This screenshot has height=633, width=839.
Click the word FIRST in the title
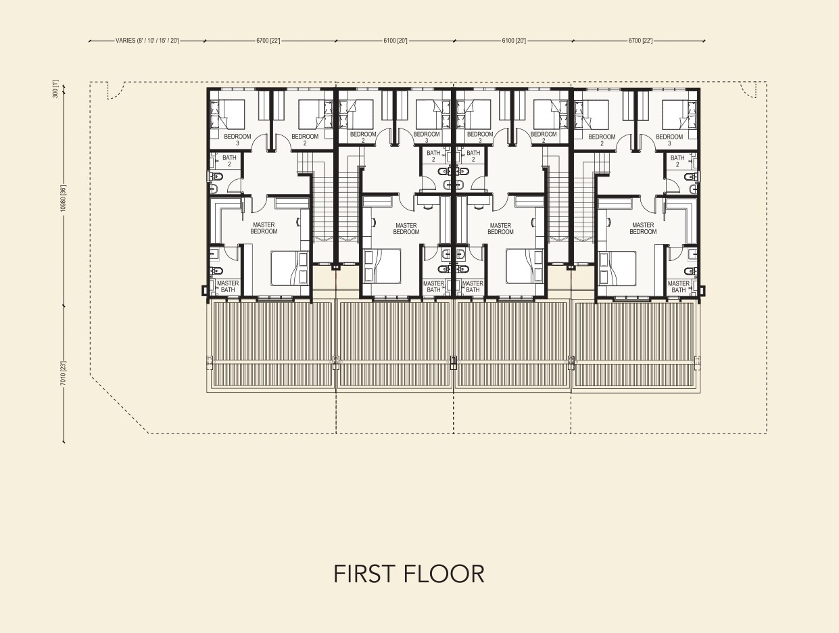(364, 573)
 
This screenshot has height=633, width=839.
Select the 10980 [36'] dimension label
(64, 198)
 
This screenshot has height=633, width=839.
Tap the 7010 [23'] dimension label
(64, 373)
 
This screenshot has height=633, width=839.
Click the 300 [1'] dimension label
(55, 89)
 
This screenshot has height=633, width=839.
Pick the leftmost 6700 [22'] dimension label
(268, 41)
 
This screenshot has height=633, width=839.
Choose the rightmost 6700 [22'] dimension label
(641, 41)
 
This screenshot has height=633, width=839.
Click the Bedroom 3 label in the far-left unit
(237, 139)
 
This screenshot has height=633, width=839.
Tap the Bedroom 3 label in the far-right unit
(669, 140)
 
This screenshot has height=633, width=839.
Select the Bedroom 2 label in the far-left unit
(305, 140)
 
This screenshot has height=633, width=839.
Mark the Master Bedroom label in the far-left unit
(264, 228)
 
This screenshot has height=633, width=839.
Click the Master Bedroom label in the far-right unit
(643, 229)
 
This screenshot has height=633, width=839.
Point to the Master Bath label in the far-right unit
(679, 287)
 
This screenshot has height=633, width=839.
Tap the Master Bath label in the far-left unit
(228, 286)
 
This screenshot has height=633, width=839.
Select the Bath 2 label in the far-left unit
(229, 160)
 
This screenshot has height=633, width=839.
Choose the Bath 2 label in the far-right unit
(677, 161)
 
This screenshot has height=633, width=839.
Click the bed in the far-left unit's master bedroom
(290, 268)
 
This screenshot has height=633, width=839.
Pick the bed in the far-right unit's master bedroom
(617, 268)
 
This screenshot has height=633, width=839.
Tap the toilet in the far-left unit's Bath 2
(216, 177)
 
